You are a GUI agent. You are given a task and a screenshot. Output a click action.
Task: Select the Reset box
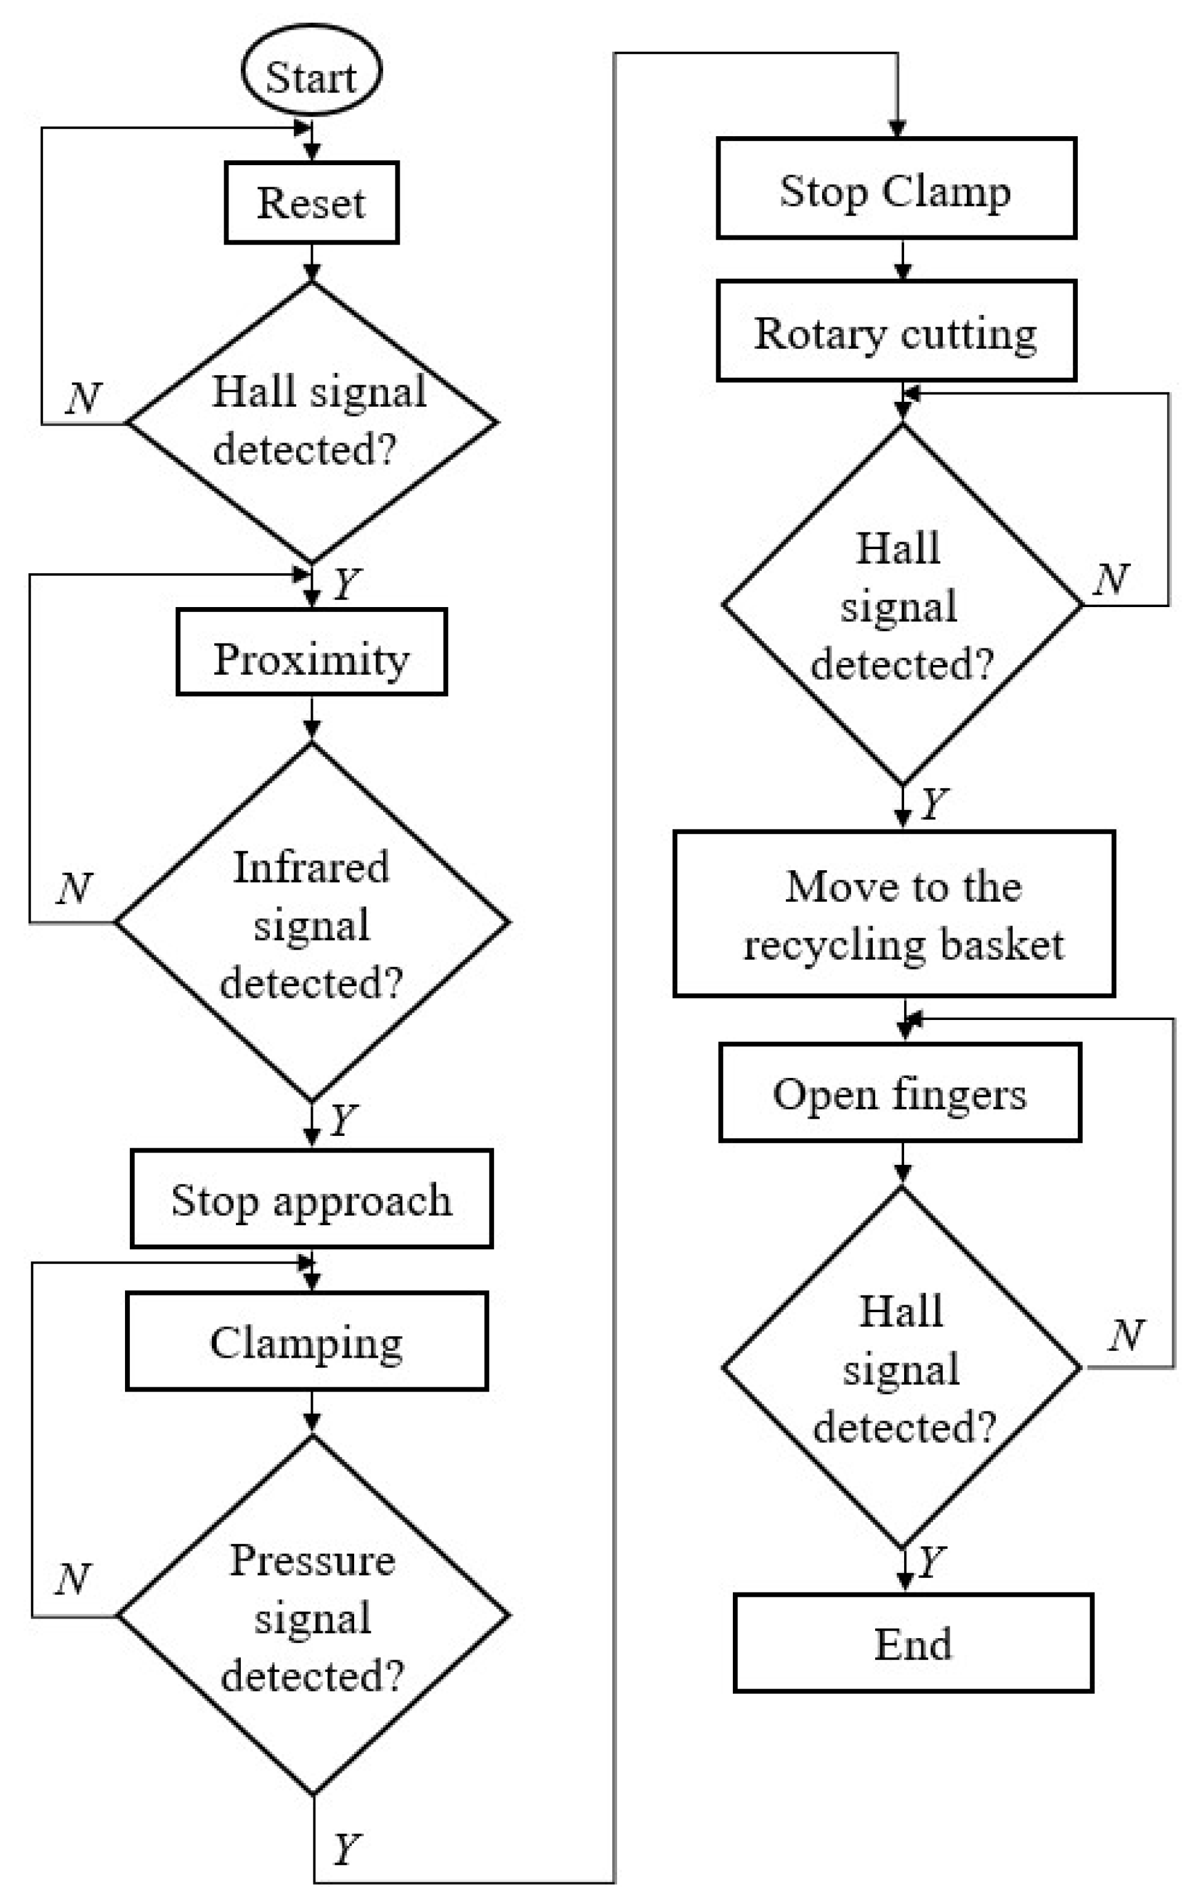click(x=311, y=203)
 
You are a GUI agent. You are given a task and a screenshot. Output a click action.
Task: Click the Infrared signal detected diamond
click(x=311, y=922)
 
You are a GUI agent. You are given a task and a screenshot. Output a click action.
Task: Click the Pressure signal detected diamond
click(x=313, y=1615)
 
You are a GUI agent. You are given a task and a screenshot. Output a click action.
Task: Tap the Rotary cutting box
click(x=895, y=332)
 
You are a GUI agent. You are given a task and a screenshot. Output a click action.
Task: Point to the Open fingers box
click(x=899, y=1093)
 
